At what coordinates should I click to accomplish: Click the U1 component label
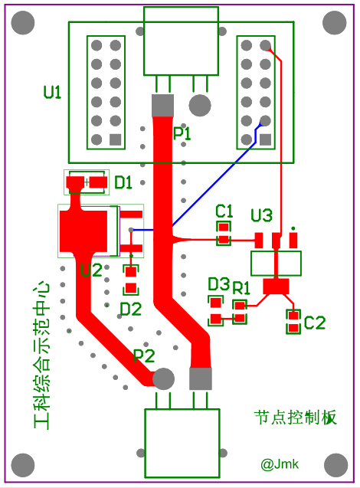coord(52,93)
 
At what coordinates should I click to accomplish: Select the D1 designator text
coord(123,182)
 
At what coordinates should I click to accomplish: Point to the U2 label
coord(91,270)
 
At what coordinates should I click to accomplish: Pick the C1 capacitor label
coord(224,210)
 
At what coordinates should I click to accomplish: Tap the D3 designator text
coord(218,284)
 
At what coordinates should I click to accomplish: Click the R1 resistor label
coord(241,288)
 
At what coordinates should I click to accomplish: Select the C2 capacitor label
coord(314,323)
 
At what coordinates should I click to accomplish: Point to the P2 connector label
coord(144,355)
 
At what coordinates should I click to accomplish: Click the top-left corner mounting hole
coord(23,24)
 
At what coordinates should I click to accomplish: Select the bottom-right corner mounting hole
coord(335,464)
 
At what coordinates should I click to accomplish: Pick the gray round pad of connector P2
coord(163,378)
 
